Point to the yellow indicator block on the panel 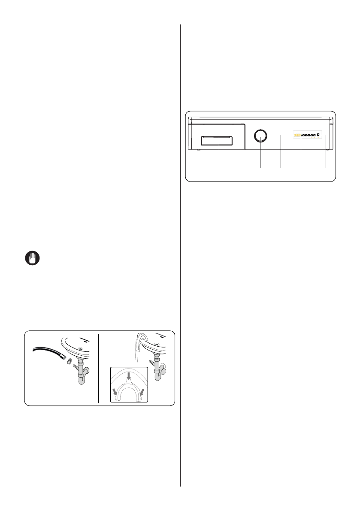tap(297, 135)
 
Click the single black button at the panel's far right tap(318, 135)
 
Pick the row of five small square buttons tap(308, 135)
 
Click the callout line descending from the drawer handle tap(219, 154)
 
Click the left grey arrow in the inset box tap(115, 391)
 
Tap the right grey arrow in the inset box tap(142, 391)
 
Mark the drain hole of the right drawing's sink tap(157, 344)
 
